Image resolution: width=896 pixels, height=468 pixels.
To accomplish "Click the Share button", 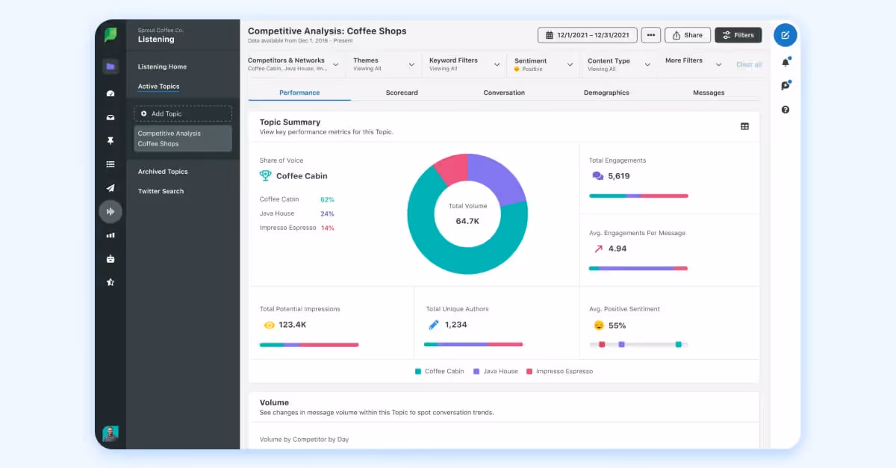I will tap(687, 35).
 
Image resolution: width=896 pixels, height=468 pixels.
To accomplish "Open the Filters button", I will tap(738, 35).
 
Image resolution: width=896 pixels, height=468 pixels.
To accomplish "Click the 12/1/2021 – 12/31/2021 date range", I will tap(588, 35).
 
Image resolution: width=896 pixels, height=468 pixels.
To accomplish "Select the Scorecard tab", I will tap(402, 93).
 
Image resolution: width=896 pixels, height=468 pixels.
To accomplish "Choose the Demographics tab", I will tap(606, 93).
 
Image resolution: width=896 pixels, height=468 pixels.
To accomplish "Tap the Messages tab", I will tap(709, 93).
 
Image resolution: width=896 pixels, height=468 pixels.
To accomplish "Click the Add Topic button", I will tap(183, 113).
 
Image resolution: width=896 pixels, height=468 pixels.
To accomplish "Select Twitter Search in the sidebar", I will tap(161, 191).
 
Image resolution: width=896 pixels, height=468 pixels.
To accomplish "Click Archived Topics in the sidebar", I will tap(163, 172).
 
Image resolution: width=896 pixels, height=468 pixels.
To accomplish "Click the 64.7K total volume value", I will tap(467, 221).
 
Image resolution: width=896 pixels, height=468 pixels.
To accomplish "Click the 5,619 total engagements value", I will tap(619, 176).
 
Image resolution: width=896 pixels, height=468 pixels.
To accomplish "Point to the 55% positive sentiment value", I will tap(617, 325).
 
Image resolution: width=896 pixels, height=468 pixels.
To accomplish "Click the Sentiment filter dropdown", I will tap(544, 64).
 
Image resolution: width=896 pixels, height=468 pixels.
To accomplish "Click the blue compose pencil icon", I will tap(785, 35).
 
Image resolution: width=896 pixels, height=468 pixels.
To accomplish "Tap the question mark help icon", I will tap(785, 110).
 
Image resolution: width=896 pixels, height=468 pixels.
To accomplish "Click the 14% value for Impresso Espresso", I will tap(327, 228).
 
